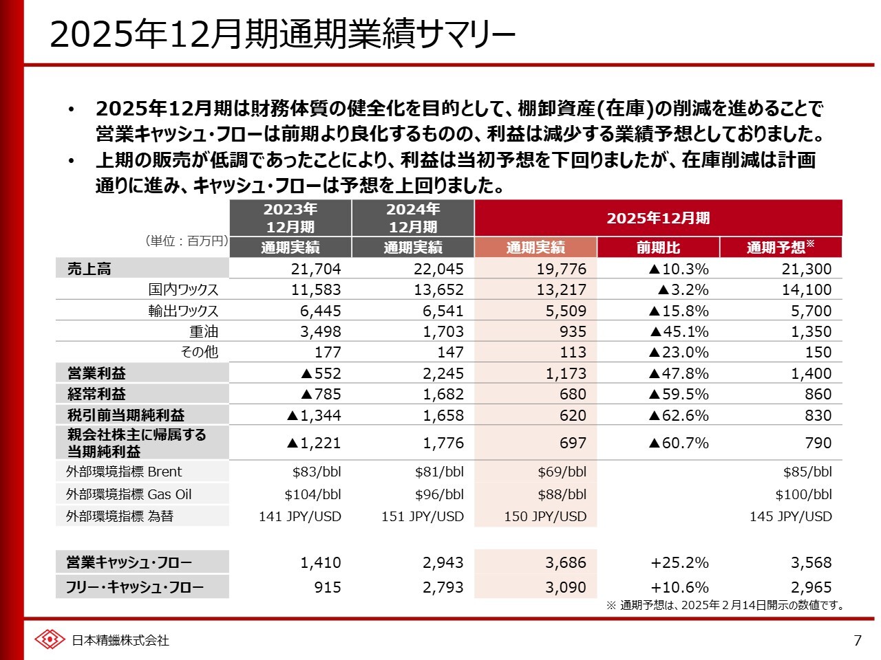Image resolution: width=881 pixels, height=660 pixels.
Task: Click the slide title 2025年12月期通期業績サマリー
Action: pyautogui.click(x=282, y=34)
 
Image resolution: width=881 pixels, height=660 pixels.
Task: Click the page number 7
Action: pyautogui.click(x=857, y=641)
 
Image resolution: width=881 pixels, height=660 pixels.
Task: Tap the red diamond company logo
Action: pyautogui.click(x=50, y=639)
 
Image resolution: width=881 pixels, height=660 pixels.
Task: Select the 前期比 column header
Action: pyautogui.click(x=658, y=247)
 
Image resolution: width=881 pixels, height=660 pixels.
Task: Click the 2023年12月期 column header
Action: pyautogui.click(x=290, y=218)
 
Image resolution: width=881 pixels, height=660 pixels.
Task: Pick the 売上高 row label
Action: pyautogui.click(x=89, y=269)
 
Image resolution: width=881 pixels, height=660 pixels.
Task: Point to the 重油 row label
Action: pyautogui.click(x=204, y=331)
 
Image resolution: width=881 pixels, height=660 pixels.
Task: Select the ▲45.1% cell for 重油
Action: pyautogui.click(x=679, y=331)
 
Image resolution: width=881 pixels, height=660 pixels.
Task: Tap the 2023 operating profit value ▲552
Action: pyautogui.click(x=321, y=373)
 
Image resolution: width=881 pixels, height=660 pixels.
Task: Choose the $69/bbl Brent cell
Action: pyautogui.click(x=562, y=472)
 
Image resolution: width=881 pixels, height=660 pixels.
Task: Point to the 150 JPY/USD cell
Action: pyautogui.click(x=545, y=516)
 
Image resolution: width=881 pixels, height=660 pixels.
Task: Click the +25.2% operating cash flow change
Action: pyautogui.click(x=679, y=562)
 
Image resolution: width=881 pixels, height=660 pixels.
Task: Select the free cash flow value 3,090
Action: pyautogui.click(x=566, y=587)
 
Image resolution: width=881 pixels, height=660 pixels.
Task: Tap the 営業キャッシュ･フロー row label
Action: pyautogui.click(x=129, y=562)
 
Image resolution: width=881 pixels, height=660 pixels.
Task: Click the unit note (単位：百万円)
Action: pyautogui.click(x=186, y=241)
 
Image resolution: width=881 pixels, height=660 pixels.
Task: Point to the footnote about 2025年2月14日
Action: pyautogui.click(x=725, y=605)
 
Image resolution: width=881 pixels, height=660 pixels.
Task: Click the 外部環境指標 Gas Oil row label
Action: pyautogui.click(x=129, y=494)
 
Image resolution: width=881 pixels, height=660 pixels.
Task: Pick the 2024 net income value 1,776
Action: pyautogui.click(x=443, y=443)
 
